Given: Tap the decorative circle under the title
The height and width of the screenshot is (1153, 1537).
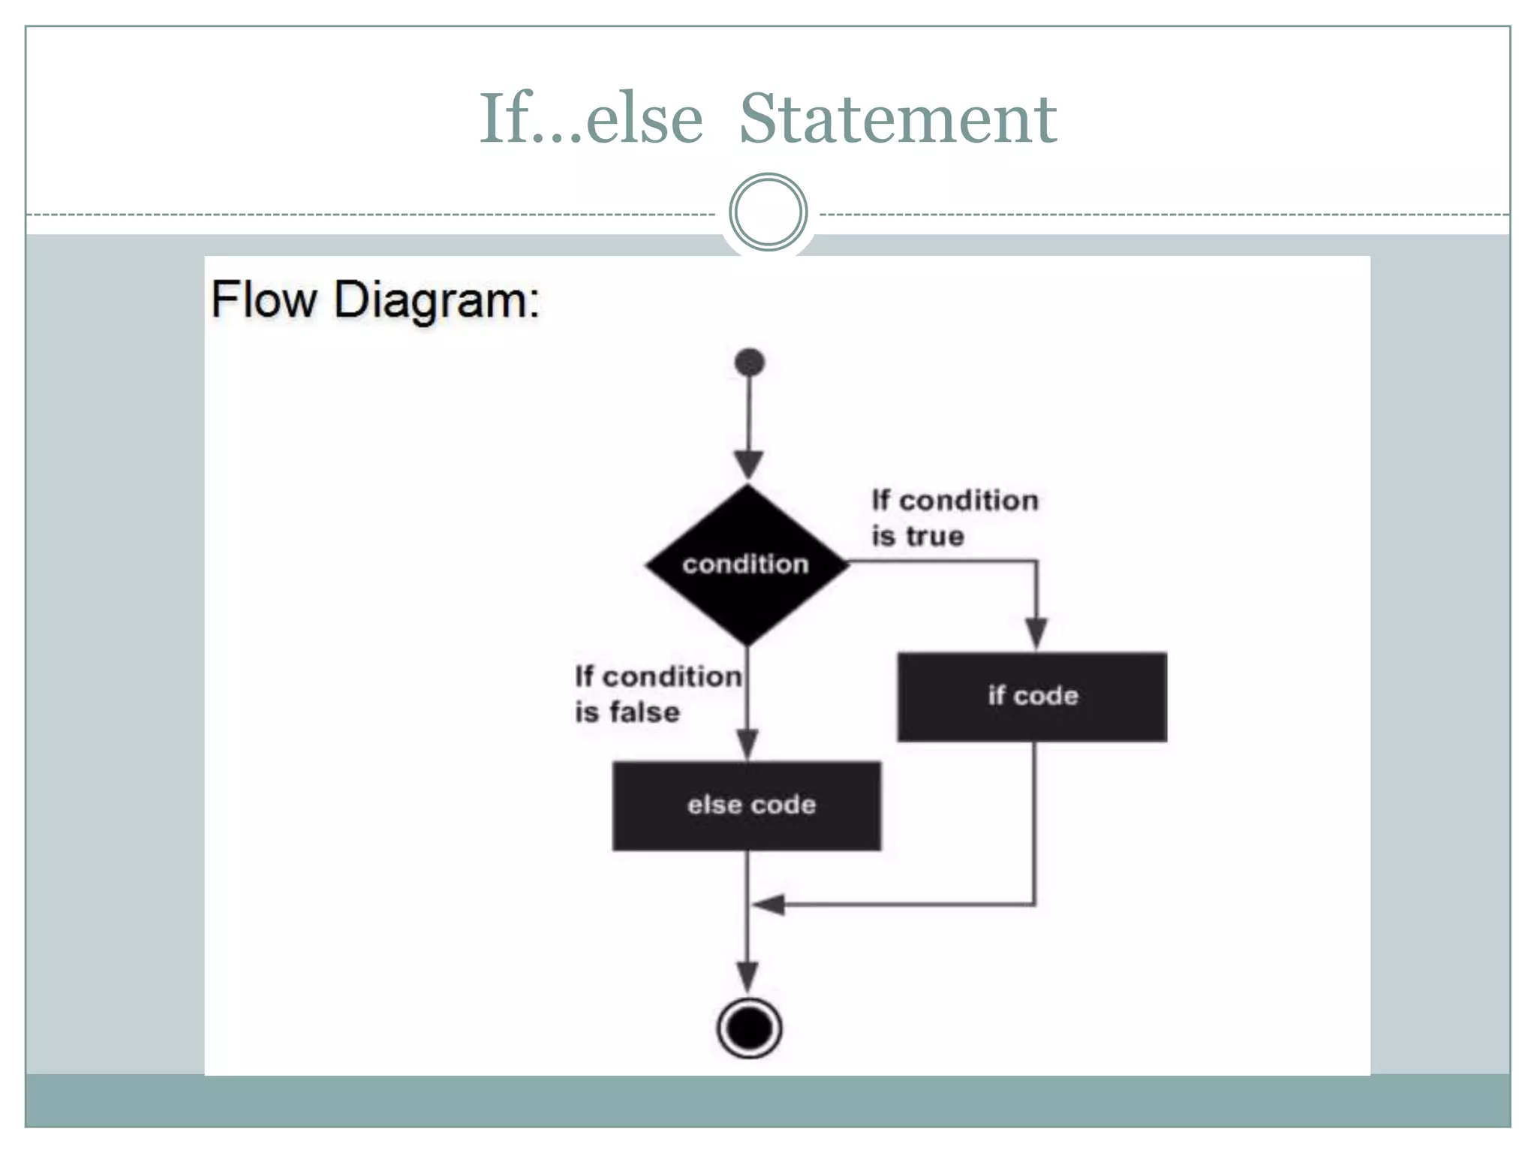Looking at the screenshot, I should pyautogui.click(x=768, y=212).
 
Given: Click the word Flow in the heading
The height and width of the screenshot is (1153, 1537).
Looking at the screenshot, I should pyautogui.click(x=264, y=300).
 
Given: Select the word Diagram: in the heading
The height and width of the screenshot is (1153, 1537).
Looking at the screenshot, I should pyautogui.click(x=437, y=301).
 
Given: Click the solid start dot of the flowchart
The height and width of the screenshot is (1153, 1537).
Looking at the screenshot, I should pyautogui.click(x=749, y=363).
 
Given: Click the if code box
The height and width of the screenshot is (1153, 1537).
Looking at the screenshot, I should pyautogui.click(x=1032, y=697).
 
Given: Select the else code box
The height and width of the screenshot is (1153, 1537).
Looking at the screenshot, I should pyautogui.click(x=747, y=805).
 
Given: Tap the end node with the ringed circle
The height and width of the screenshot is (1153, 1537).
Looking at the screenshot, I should pyautogui.click(x=749, y=1028).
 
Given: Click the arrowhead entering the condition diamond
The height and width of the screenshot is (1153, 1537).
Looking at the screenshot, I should pyautogui.click(x=748, y=463).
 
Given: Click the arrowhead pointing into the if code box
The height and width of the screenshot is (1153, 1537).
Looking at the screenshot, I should pyautogui.click(x=1036, y=633).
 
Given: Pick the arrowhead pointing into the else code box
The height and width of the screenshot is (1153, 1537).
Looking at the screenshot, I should pyautogui.click(x=747, y=743).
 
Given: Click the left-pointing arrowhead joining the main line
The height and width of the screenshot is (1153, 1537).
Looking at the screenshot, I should pyautogui.click(x=769, y=905).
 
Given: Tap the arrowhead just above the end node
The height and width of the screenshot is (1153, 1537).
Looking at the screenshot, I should pyautogui.click(x=747, y=976).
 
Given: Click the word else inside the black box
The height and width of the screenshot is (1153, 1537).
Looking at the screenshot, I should pyautogui.click(x=709, y=805).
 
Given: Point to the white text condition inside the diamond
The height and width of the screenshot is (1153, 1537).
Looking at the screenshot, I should pyautogui.click(x=745, y=564).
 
